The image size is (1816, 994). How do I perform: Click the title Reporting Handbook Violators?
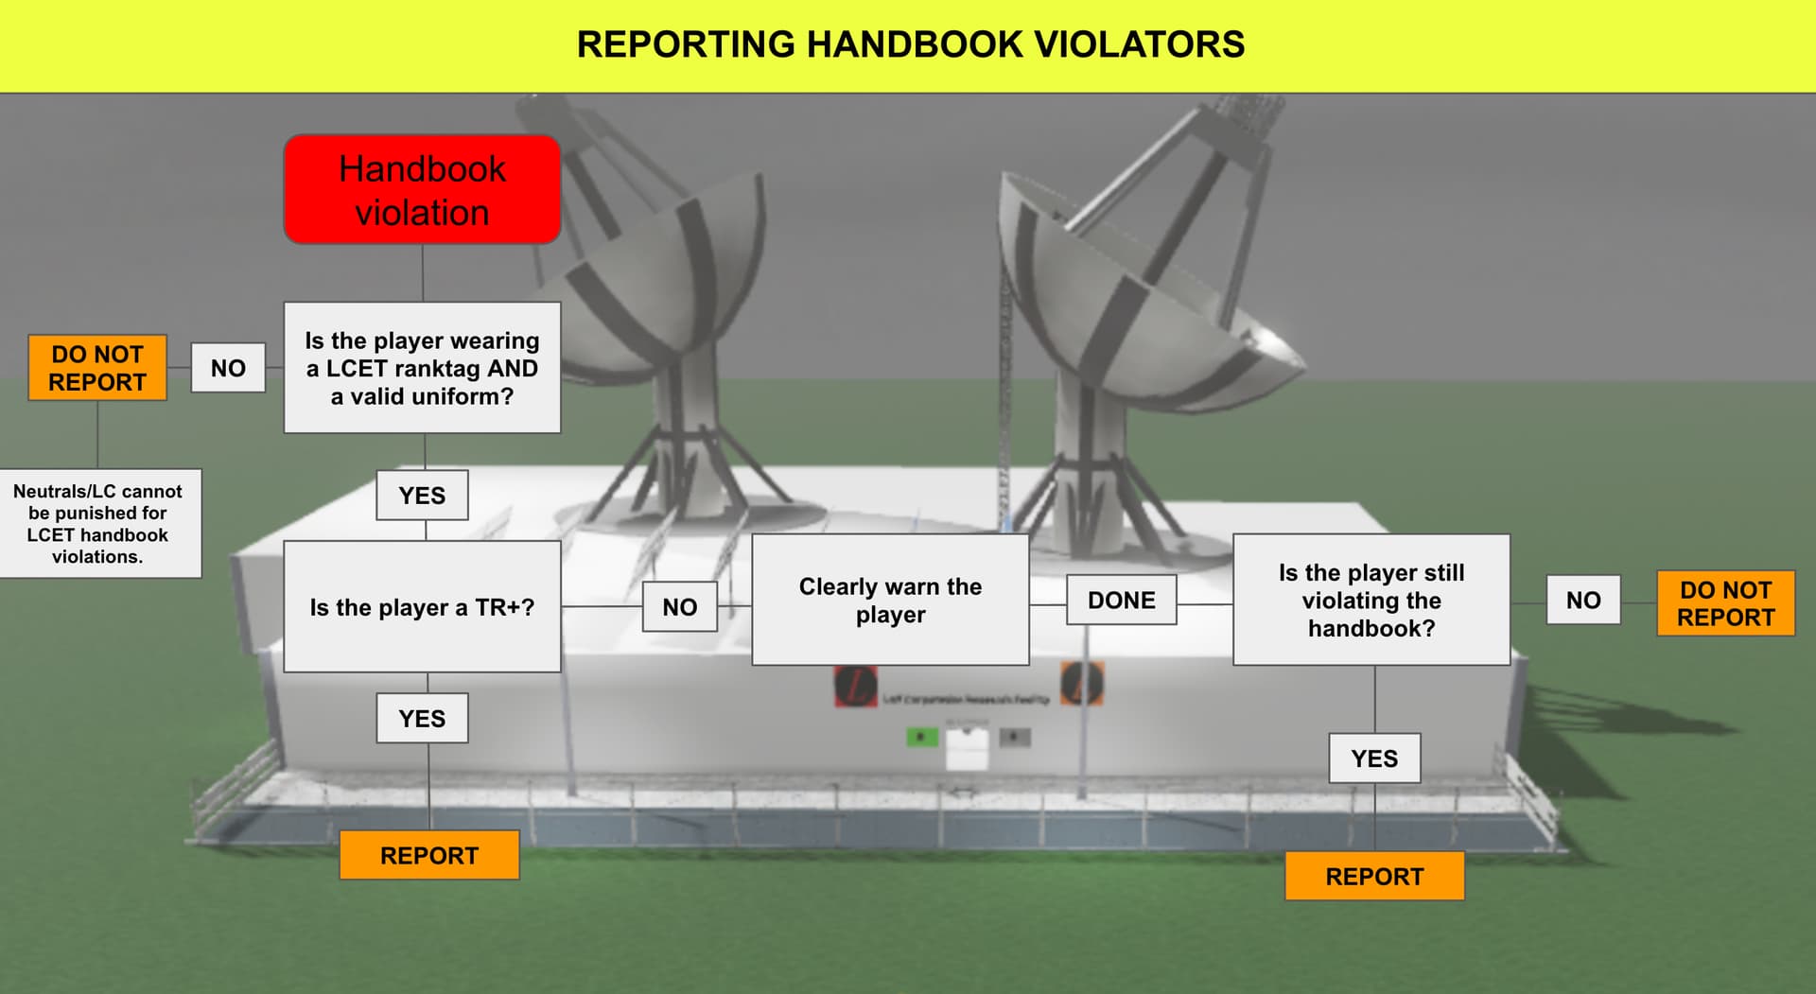coord(910,44)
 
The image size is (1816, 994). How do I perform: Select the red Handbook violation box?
coord(422,190)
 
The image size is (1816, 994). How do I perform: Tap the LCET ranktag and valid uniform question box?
coord(422,368)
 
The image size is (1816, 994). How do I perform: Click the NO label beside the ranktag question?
coord(228,368)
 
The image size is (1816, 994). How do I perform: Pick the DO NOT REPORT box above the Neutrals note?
coord(97,368)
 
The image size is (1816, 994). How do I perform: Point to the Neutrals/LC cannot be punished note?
coord(98,523)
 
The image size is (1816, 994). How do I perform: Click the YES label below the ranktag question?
coord(422,496)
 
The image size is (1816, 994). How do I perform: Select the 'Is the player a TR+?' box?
coord(422,607)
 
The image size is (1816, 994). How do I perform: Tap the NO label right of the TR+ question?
coord(679,607)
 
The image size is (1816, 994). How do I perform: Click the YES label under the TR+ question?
coord(422,719)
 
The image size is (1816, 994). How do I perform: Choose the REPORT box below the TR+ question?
coord(429,855)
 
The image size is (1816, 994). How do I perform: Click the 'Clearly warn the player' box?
coord(890,601)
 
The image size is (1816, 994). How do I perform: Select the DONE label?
coord(1122,601)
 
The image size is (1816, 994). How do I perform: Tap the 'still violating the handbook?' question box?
coord(1371,601)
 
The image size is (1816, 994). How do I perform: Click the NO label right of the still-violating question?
coord(1583,601)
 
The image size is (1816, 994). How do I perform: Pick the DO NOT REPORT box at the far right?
coord(1725,603)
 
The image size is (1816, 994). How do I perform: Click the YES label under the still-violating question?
coord(1374,759)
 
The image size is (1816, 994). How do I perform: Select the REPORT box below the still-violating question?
coord(1374,876)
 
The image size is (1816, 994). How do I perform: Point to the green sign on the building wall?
coord(921,737)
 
